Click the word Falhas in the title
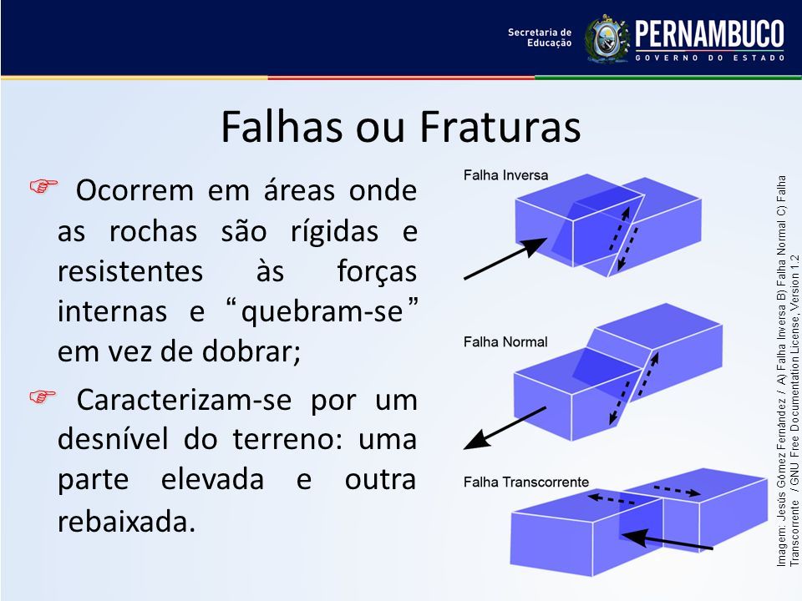pos(282,126)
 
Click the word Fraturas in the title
pos(500,126)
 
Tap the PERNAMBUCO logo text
pos(709,33)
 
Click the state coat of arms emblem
pos(607,39)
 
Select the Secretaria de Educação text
pos(540,38)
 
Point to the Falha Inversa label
pos(505,175)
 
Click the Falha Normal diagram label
pos(505,342)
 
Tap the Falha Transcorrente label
pos(525,482)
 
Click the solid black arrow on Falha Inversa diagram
pos(505,259)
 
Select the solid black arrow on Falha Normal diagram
pos(505,428)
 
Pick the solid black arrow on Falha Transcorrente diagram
pos(667,540)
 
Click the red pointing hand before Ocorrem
pos(43,186)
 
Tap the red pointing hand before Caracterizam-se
pos(43,396)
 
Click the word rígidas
pos(335,232)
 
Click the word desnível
pos(113,438)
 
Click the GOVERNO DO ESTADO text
pos(710,58)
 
